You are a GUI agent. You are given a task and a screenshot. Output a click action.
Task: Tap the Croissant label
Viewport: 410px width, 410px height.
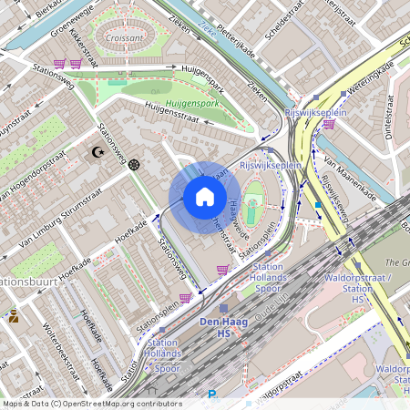click(123, 39)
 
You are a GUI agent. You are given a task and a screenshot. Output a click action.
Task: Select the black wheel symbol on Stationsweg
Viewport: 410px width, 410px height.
click(135, 165)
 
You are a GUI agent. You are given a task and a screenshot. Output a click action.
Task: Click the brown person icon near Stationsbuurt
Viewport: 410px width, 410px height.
click(14, 317)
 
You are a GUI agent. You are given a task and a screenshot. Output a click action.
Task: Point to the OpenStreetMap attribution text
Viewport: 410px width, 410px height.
click(91, 403)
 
